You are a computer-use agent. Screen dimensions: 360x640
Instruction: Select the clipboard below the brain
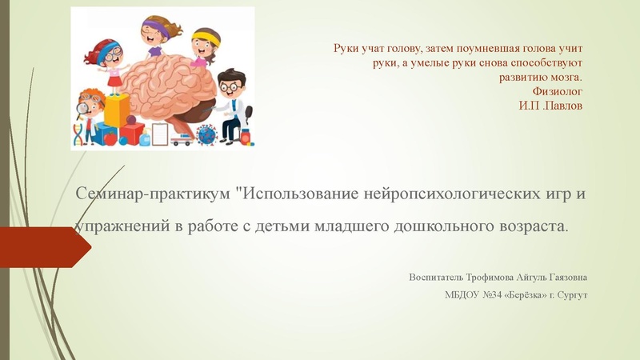coord(161,134)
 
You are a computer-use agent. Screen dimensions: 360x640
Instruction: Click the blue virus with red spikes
coord(206,135)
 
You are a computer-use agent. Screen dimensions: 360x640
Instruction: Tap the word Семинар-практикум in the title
coord(150,194)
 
